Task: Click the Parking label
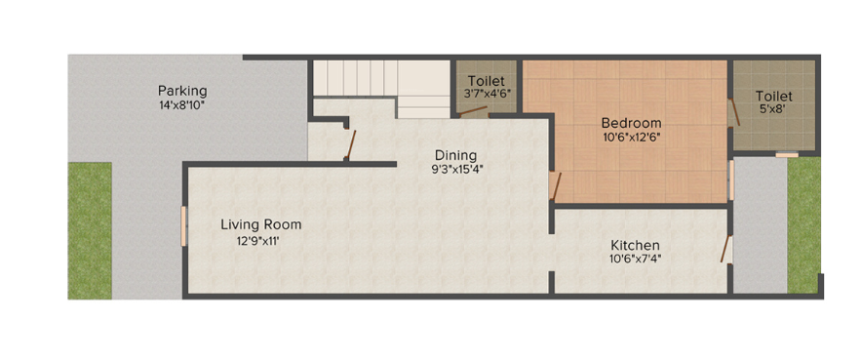[182, 91]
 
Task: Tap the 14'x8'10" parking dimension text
[182, 104]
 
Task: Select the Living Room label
[260, 224]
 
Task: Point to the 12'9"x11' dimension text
[257, 240]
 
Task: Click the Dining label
[455, 155]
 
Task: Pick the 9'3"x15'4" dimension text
[456, 169]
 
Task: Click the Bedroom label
[631, 123]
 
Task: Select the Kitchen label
[635, 245]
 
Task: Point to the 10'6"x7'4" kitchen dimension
[635, 260]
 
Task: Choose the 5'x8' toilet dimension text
[773, 110]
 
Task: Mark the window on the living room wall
[183, 226]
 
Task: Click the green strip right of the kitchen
[803, 224]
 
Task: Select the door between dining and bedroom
[555, 185]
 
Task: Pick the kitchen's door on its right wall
[726, 249]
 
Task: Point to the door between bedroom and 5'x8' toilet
[730, 111]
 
